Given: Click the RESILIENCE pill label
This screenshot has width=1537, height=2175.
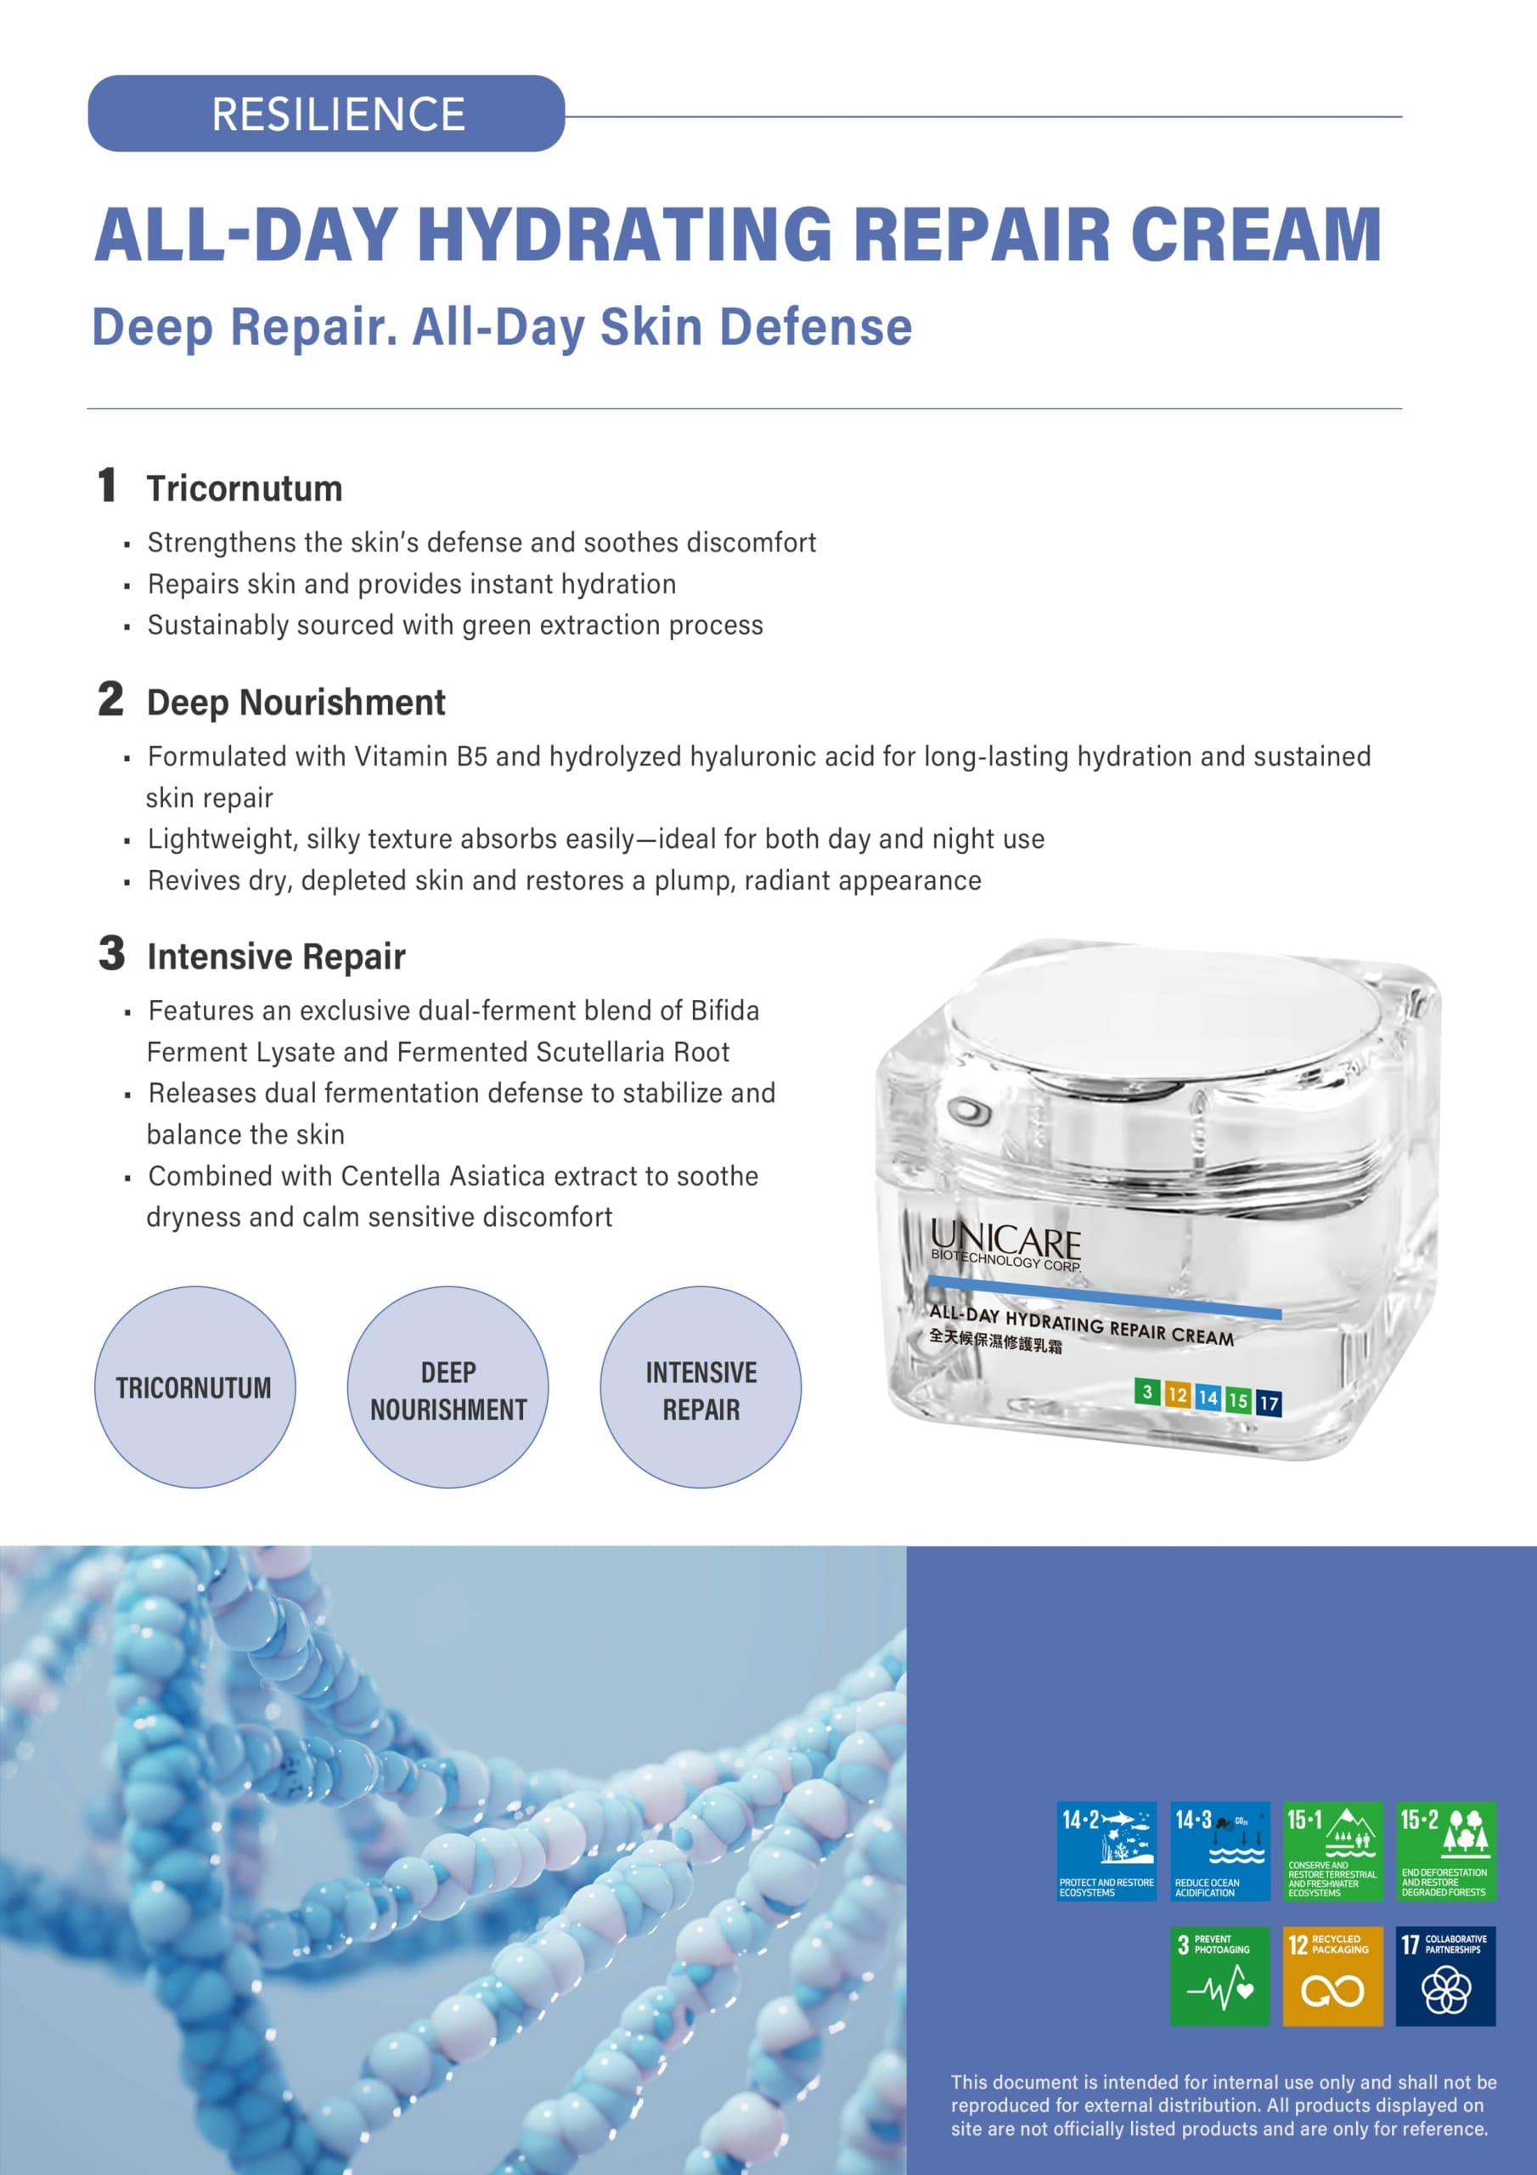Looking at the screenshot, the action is [327, 114].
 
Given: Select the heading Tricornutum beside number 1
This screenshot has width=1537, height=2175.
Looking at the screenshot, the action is [245, 489].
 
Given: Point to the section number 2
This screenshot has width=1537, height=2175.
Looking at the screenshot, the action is [110, 700].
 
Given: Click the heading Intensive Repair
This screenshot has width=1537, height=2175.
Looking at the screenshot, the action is [277, 957].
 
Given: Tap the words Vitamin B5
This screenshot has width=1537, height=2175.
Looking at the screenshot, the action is [420, 757].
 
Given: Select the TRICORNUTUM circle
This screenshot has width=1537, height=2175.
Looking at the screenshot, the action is [194, 1387].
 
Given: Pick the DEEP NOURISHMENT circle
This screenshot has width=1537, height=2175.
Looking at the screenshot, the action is [448, 1387].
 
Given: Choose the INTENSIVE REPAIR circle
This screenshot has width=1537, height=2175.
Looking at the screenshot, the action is [701, 1387].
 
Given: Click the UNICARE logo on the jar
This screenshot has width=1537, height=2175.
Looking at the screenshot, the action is [1005, 1244].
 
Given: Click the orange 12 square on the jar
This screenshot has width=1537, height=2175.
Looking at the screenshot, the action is [1177, 1394].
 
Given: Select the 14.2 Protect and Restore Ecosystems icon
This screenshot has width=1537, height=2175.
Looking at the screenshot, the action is [1106, 1851].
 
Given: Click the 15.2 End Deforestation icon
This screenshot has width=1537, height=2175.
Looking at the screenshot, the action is [1446, 1851].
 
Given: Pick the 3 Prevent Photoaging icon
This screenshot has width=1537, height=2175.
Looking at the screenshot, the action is [1219, 1976].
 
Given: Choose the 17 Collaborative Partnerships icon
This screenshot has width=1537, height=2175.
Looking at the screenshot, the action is [1446, 1976].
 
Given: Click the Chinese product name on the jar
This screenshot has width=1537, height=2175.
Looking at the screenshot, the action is [995, 1341].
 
